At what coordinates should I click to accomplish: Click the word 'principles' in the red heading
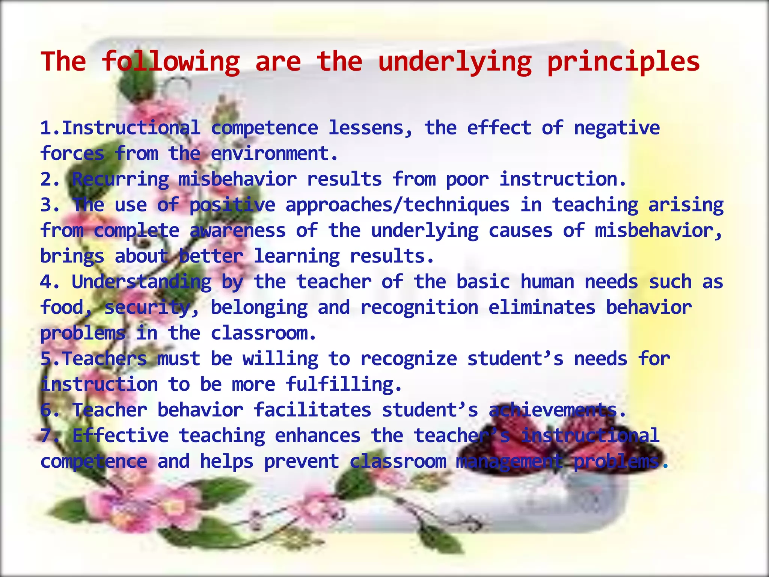coord(623,62)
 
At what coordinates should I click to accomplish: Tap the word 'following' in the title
coord(171,62)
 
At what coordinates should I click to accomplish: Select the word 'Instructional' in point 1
coord(131,128)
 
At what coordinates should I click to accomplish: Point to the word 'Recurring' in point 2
coord(120,180)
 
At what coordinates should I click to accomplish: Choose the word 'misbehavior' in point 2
coord(237,180)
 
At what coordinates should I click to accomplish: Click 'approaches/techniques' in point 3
coord(398,205)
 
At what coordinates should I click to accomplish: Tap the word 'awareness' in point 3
coord(238,231)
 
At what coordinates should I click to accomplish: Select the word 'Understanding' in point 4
coord(142,282)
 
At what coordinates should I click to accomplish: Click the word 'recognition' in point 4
coord(419,308)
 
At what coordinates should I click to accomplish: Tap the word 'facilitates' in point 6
coord(312,410)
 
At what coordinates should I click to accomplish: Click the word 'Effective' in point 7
coord(121,436)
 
